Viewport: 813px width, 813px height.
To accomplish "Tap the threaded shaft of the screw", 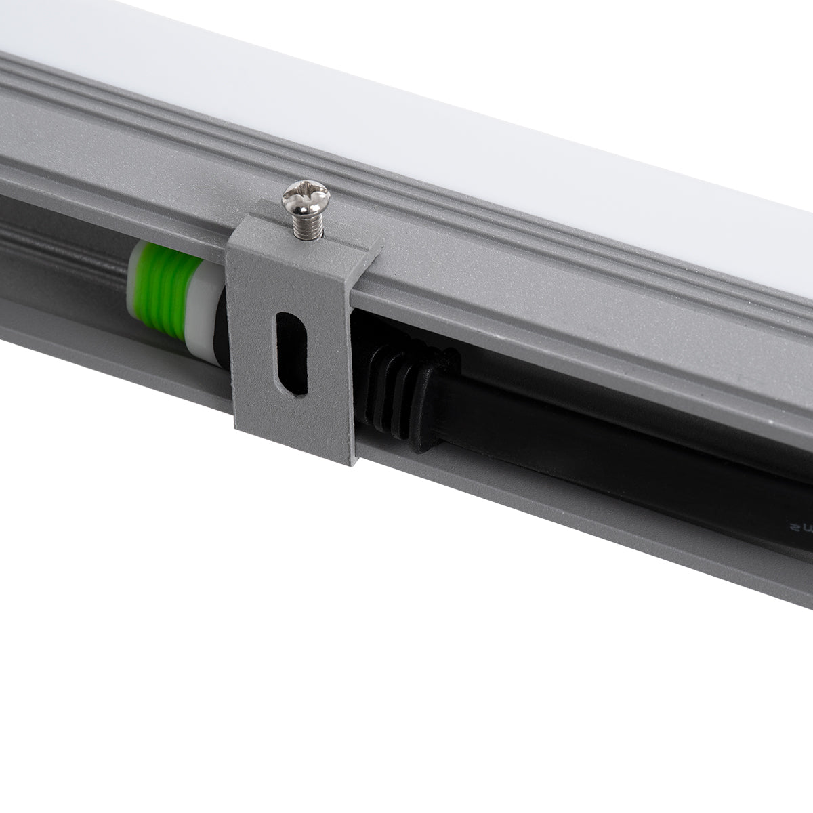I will pos(305,223).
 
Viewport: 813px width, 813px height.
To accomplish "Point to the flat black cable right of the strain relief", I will pos(576,467).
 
